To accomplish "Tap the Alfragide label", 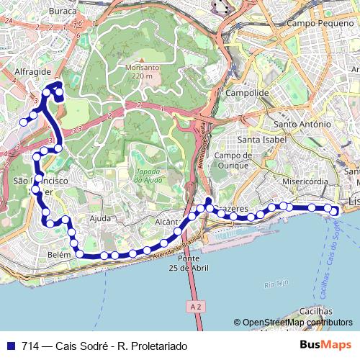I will [x=32, y=72].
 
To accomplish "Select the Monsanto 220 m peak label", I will [x=143, y=71].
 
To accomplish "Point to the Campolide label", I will [x=247, y=93].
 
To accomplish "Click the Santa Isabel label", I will [x=263, y=139].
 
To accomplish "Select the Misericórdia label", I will [x=306, y=181].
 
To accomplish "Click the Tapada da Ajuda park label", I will [x=147, y=176].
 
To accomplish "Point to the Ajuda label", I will [x=100, y=217].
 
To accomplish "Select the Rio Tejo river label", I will [x=276, y=285].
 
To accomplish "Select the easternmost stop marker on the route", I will [x=334, y=210].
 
